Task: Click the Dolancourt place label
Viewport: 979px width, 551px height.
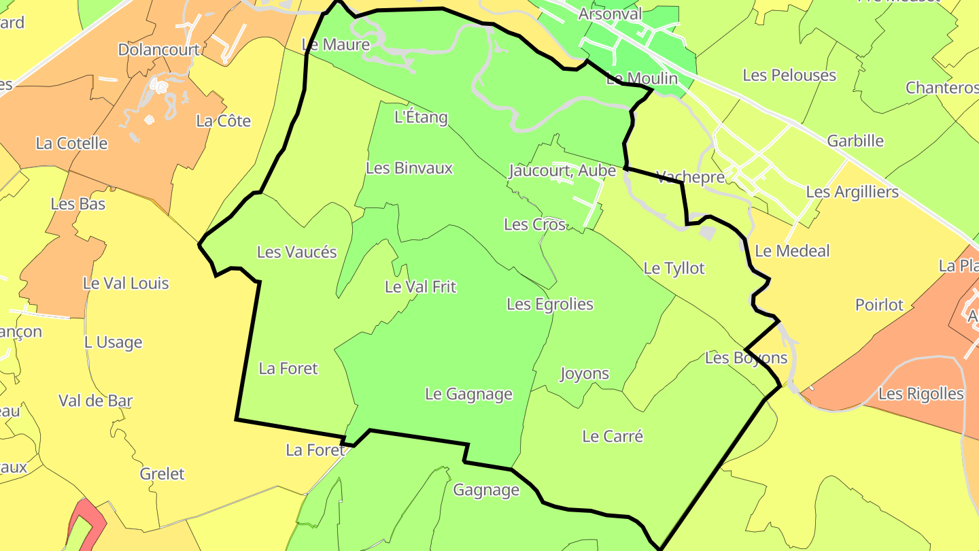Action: (159, 50)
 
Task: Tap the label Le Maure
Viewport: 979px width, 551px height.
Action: (336, 45)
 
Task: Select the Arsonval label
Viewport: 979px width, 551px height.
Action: (610, 14)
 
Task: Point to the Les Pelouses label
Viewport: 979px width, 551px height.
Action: (789, 75)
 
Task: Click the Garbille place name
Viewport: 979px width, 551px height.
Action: (855, 141)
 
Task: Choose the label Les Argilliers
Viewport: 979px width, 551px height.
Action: (853, 192)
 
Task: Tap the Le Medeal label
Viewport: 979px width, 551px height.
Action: (793, 251)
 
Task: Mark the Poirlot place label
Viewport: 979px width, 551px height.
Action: (880, 305)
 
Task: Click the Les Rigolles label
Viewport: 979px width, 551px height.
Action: (921, 394)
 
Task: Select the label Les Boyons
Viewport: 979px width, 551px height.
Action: (746, 358)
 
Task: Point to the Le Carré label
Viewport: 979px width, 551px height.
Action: (613, 436)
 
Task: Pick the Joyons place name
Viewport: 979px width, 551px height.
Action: (585, 373)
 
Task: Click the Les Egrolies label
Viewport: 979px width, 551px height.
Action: (550, 304)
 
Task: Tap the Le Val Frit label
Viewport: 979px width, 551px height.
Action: (420, 286)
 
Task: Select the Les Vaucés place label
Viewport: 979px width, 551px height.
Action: (297, 252)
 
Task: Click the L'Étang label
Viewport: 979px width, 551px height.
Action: (422, 117)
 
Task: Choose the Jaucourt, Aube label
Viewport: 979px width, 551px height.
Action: (562, 171)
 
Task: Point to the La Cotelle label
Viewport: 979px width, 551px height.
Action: (72, 143)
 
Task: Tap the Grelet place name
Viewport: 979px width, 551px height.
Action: (162, 473)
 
